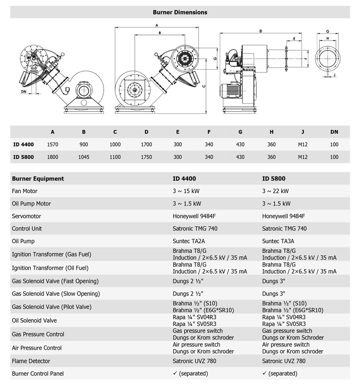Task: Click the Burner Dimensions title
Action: pyautogui.click(x=180, y=12)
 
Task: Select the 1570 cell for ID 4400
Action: pyautogui.click(x=53, y=144)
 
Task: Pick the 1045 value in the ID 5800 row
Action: pyautogui.click(x=84, y=157)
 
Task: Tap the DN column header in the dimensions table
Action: pyautogui.click(x=334, y=132)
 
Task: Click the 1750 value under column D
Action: pyautogui.click(x=146, y=157)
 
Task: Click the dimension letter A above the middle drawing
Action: pyautogui.click(x=156, y=26)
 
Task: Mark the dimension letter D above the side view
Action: pyautogui.click(x=261, y=31)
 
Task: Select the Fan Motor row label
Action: pyautogui.click(x=25, y=191)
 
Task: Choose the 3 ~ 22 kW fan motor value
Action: pyautogui.click(x=275, y=191)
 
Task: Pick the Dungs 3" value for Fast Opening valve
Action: pyautogui.click(x=273, y=281)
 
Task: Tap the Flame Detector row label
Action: pyautogui.click(x=31, y=361)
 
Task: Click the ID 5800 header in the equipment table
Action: pyautogui.click(x=274, y=178)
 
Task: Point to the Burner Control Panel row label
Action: pyautogui.click(x=38, y=374)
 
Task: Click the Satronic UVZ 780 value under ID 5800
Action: pyautogui.click(x=283, y=361)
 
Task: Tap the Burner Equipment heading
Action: pyautogui.click(x=38, y=178)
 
